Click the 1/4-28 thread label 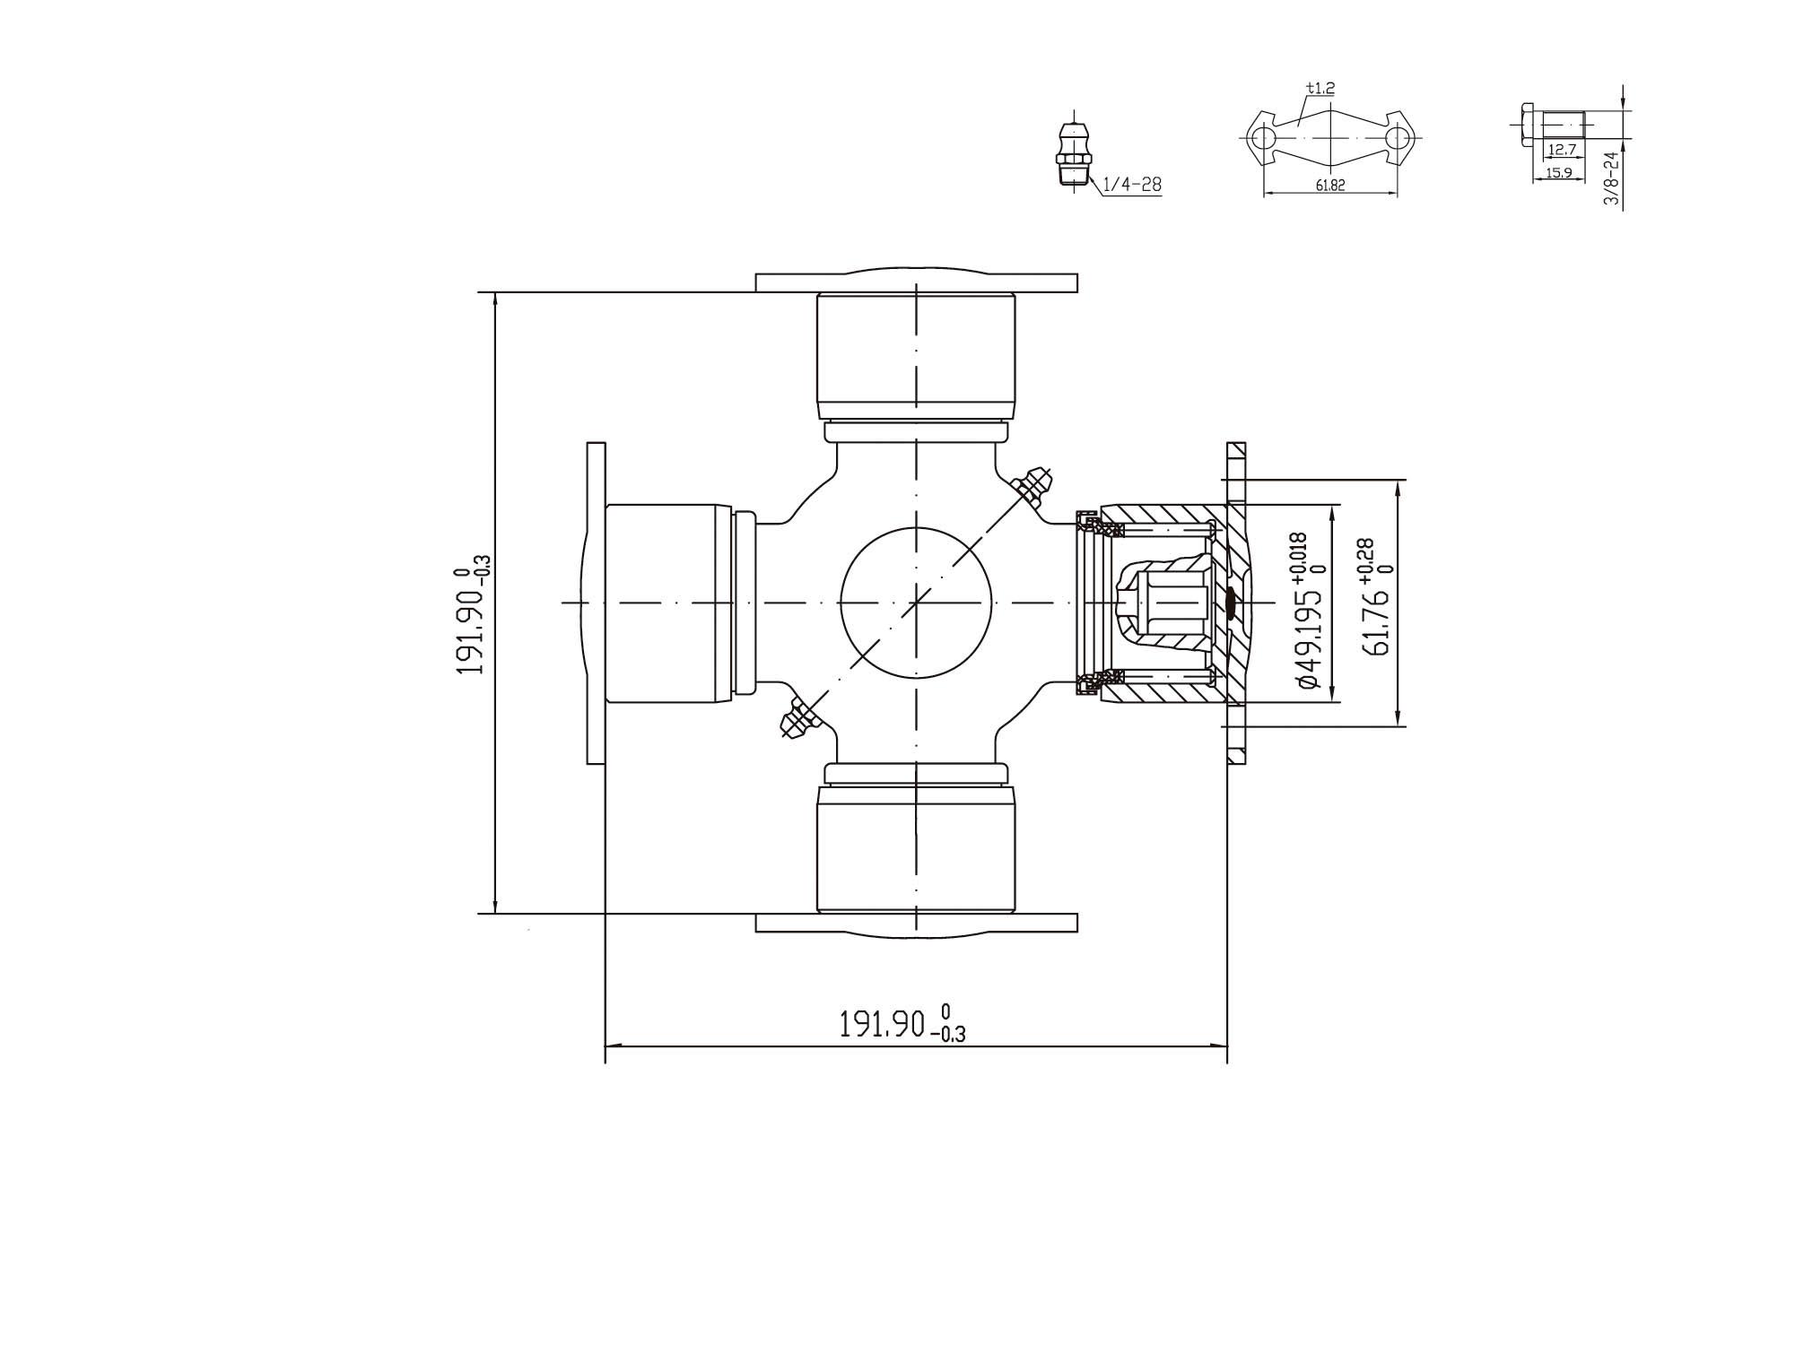click(1131, 185)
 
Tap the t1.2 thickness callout click(1320, 88)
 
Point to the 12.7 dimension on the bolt click(1562, 150)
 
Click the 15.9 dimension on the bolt click(1559, 173)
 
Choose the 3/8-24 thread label click(1611, 179)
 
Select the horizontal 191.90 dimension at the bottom click(902, 1023)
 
